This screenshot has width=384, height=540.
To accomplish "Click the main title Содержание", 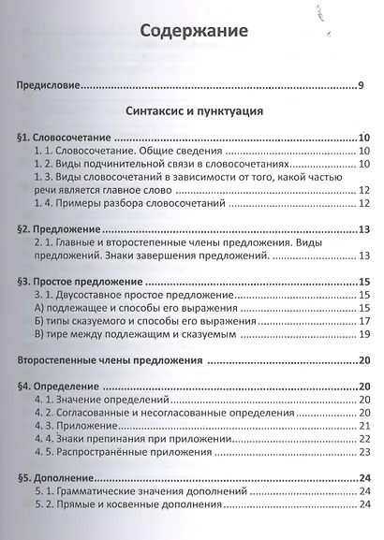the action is pyautogui.click(x=194, y=31).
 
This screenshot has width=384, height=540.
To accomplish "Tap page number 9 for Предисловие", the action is pyautogui.click(x=361, y=88).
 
